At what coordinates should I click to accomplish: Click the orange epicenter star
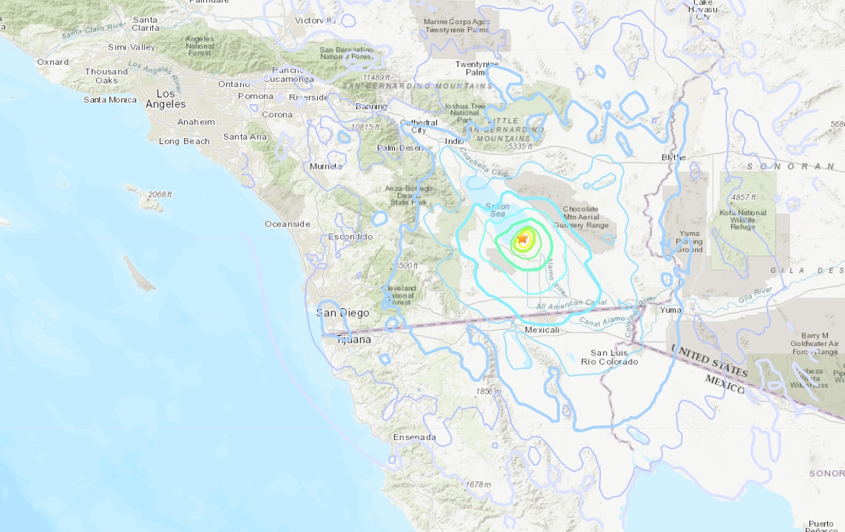523,239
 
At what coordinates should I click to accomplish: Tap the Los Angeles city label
166,99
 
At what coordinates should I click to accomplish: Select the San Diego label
343,313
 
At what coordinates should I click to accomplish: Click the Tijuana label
354,340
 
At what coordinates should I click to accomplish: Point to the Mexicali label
543,330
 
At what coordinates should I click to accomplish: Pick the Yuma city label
671,310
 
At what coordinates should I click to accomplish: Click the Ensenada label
414,437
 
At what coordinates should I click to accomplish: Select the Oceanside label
287,224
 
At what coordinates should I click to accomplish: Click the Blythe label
673,157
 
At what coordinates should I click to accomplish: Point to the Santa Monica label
110,100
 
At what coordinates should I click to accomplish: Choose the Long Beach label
184,141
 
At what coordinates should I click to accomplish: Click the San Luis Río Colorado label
610,358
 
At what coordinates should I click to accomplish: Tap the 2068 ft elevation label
160,194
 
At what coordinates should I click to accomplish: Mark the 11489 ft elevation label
377,77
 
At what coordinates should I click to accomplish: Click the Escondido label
351,236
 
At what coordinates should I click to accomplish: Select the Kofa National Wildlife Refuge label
743,221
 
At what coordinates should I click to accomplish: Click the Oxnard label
53,62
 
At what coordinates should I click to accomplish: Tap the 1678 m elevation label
478,485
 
